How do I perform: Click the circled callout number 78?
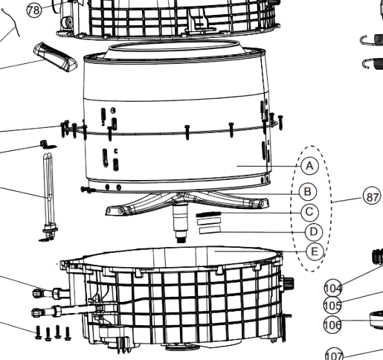point(34,10)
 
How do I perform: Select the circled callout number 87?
point(372,197)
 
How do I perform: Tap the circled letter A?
point(309,166)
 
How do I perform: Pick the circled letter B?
point(308,192)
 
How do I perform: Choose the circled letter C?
point(309,212)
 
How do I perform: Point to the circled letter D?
point(314,232)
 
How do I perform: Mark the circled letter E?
point(315,251)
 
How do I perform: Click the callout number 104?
point(333,288)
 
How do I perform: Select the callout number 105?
point(332,306)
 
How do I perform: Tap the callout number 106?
point(332,324)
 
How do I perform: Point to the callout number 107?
point(335,355)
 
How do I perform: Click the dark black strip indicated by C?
point(208,214)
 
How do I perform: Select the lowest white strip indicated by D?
point(210,230)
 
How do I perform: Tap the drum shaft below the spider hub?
point(181,223)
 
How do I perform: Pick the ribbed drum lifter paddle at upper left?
point(55,57)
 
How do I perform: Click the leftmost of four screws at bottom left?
point(38,332)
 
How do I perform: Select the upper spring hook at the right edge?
point(371,40)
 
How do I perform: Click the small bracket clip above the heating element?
point(48,144)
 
